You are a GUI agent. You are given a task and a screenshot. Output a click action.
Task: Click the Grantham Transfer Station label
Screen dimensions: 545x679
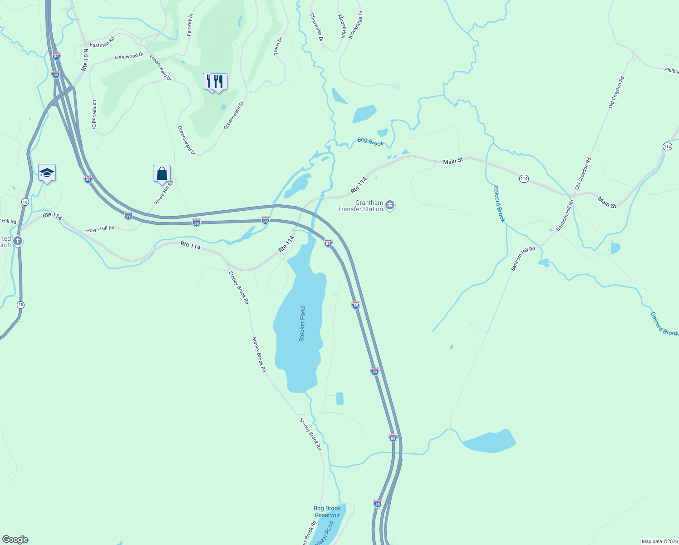pyautogui.click(x=360, y=206)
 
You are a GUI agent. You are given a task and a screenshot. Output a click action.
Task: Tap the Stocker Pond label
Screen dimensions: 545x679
pyautogui.click(x=302, y=324)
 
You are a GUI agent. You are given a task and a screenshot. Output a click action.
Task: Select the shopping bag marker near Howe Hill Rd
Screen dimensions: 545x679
pyautogui.click(x=162, y=174)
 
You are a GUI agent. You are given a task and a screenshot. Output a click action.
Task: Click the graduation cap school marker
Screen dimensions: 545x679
pyautogui.click(x=47, y=173)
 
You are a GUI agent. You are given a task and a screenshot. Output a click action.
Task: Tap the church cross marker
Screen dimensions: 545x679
pyautogui.click(x=18, y=241)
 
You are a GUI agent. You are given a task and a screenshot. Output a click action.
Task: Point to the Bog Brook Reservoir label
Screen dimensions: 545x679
pyautogui.click(x=327, y=512)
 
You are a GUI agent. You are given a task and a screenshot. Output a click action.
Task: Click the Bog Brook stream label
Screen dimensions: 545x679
pyautogui.click(x=370, y=142)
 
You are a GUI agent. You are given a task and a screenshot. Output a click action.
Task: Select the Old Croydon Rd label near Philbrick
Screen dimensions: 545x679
pyautogui.click(x=616, y=92)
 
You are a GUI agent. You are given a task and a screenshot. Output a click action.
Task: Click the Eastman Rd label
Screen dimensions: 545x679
pyautogui.click(x=102, y=42)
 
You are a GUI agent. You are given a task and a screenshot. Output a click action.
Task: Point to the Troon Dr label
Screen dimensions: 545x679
pyautogui.click(x=278, y=46)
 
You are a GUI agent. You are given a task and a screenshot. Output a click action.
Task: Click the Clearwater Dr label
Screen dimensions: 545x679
pyautogui.click(x=316, y=27)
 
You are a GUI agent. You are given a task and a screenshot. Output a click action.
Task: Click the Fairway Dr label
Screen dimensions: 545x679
pyautogui.click(x=190, y=25)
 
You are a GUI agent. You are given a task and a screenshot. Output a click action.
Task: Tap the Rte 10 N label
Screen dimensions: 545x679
pyautogui.click(x=85, y=59)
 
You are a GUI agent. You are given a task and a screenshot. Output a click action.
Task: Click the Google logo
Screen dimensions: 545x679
pyautogui.click(x=15, y=540)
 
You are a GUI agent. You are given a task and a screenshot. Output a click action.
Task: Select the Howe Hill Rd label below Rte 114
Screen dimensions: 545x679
pyautogui.click(x=100, y=229)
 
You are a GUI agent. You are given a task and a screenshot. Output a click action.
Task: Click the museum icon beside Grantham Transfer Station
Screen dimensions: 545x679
pyautogui.click(x=390, y=206)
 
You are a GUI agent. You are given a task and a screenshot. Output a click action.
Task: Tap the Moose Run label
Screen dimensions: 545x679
pyautogui.click(x=342, y=26)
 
